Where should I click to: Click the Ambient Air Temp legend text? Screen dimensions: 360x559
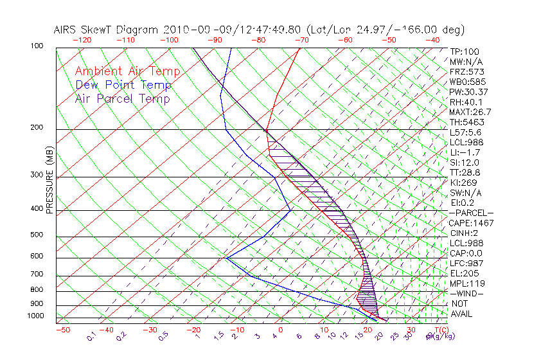click(127, 71)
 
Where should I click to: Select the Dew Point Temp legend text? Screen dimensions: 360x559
click(123, 85)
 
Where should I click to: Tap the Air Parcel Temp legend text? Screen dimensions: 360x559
click(122, 98)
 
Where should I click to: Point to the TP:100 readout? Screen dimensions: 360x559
click(464, 51)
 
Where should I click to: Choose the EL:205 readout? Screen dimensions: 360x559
click(464, 273)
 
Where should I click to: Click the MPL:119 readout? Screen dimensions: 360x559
click(466, 283)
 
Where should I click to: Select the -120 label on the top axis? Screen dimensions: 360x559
click(82, 40)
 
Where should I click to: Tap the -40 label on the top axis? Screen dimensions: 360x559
click(432, 40)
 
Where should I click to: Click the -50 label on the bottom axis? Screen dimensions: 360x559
click(63, 330)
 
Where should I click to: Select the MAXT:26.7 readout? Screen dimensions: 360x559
click(471, 112)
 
